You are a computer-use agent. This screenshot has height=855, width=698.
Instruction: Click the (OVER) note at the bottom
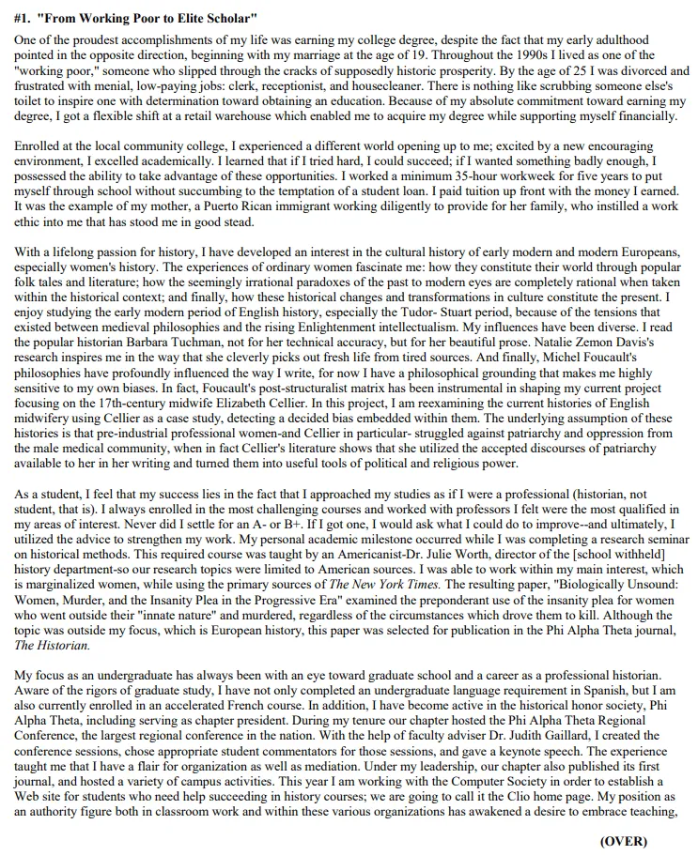(x=624, y=841)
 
